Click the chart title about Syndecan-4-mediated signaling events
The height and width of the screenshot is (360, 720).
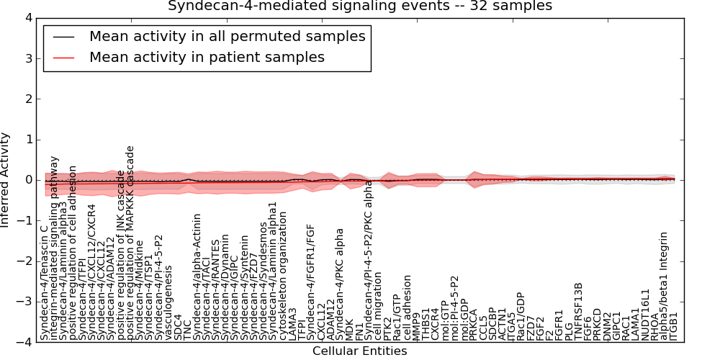click(360, 6)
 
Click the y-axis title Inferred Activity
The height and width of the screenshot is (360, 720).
click(6, 179)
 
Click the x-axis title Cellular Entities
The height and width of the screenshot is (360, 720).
click(359, 351)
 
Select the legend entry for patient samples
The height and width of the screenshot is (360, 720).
click(207, 57)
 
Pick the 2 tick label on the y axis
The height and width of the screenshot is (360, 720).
click(27, 99)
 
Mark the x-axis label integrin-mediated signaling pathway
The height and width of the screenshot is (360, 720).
click(54, 247)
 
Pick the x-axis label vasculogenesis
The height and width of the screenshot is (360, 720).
click(168, 302)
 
